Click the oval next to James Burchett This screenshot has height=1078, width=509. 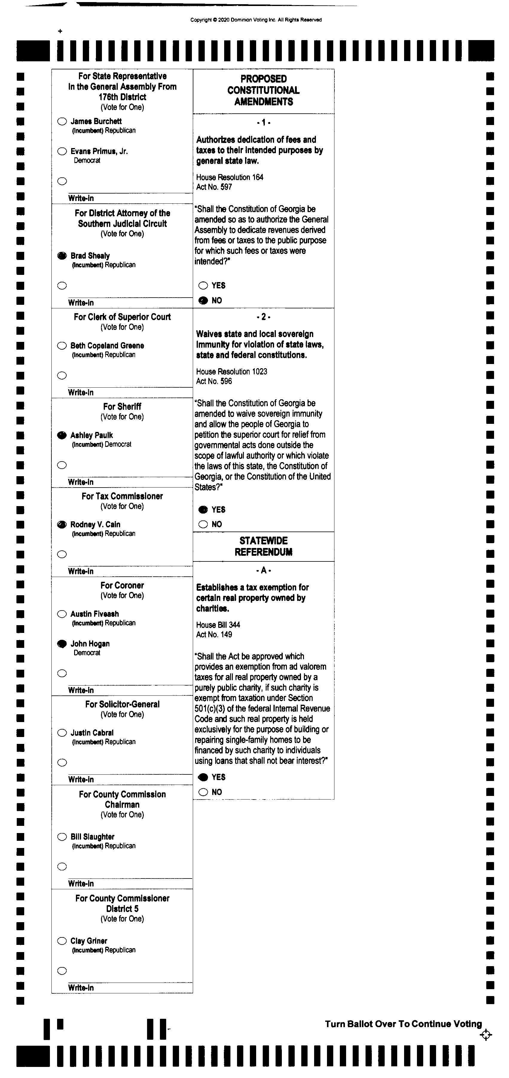coord(62,121)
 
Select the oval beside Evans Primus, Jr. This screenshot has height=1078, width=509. coord(62,151)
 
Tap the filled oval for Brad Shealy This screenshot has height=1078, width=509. coord(62,256)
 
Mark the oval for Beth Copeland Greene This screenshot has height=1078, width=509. coord(62,346)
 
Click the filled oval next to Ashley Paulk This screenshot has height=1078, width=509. coord(62,435)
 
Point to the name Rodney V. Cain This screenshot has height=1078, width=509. coord(95,524)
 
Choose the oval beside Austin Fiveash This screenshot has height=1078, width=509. coord(62,614)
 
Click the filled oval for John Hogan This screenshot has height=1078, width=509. coord(62,644)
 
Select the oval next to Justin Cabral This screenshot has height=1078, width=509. coord(62,733)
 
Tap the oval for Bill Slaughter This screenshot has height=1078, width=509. coord(62,837)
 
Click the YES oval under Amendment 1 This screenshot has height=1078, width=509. coord(203,285)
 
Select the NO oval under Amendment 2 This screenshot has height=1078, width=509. coord(203,524)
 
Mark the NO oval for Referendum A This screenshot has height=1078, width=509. coord(203,792)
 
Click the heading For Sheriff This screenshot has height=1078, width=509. coord(122,406)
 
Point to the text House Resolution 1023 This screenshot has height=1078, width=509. coord(231,371)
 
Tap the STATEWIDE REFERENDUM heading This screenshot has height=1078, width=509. coord(264,546)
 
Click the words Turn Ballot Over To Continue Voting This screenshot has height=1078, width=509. coord(403,1024)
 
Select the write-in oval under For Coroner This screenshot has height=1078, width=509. coord(62,673)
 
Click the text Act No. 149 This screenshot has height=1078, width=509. coord(214,634)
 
